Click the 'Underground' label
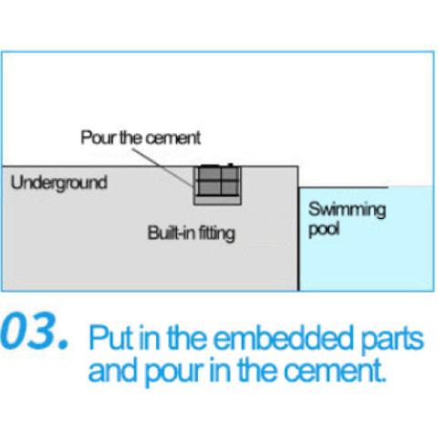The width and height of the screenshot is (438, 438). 59,183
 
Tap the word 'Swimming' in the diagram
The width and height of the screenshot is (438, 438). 347,210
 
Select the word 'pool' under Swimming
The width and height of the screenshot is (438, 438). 324,230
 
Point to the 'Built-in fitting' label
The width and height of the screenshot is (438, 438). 192,234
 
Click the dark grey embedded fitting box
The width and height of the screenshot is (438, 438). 217,181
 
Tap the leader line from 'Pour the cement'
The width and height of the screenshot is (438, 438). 163,168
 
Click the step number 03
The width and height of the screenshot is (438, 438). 34,330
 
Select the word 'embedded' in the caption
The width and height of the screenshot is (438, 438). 283,338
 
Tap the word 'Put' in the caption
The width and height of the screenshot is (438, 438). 111,338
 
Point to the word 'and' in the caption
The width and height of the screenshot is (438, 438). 112,370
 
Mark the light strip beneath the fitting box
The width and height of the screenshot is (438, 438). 217,200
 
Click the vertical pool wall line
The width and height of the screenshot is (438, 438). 298,228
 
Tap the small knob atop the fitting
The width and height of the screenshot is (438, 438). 231,165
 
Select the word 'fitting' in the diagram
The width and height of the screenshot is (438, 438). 217,234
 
